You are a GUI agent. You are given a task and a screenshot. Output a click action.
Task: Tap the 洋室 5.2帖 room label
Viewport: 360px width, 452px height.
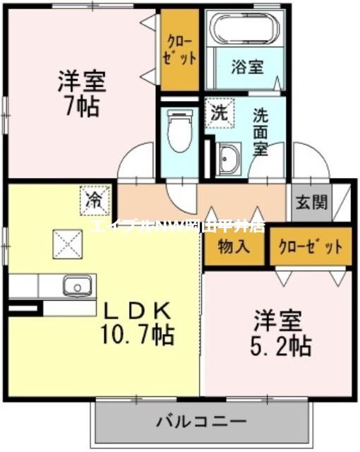tap(281, 335)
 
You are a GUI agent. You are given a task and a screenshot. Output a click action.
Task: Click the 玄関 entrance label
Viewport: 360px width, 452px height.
tap(311, 203)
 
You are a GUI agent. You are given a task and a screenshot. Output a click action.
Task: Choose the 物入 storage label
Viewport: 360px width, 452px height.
tap(233, 246)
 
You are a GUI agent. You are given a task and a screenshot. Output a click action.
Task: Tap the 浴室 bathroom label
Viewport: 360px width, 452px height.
tap(247, 66)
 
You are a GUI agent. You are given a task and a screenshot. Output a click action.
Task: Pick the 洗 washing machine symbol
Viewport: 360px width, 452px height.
tap(218, 112)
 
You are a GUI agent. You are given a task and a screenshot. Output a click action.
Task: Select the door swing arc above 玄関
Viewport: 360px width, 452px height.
tap(311, 160)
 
